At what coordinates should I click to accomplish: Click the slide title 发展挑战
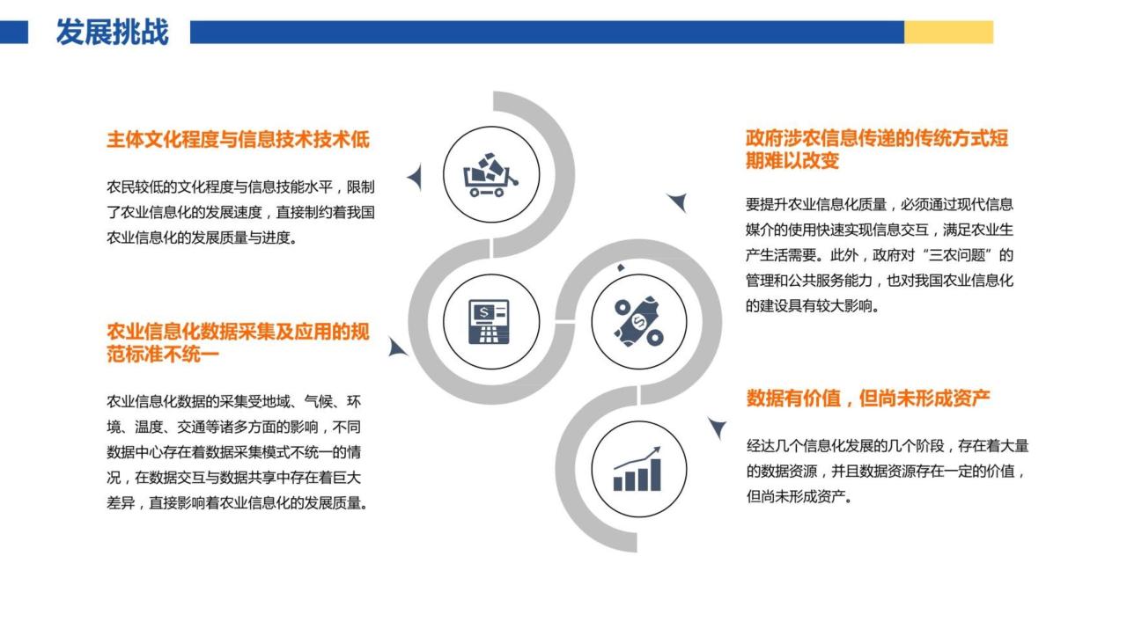(x=112, y=33)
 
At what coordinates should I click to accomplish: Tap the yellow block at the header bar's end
(x=948, y=33)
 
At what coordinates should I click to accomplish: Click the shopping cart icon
(x=490, y=175)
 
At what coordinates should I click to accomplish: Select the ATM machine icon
(x=489, y=322)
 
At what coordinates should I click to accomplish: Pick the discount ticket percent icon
(x=638, y=321)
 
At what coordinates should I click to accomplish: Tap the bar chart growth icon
(x=637, y=469)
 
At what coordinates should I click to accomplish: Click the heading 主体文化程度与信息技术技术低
(x=238, y=139)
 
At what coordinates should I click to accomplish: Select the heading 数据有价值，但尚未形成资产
(x=868, y=399)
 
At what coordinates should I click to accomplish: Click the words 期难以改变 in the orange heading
(x=792, y=161)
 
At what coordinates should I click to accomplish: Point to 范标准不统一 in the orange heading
(x=163, y=355)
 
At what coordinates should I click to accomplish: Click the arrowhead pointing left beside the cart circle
(x=415, y=177)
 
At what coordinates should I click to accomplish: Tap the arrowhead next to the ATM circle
(x=397, y=347)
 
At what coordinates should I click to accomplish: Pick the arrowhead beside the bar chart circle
(x=718, y=428)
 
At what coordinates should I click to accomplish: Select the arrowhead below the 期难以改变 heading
(x=678, y=202)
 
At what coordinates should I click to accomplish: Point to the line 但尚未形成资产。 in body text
(x=799, y=497)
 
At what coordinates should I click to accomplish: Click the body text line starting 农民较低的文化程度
(x=240, y=187)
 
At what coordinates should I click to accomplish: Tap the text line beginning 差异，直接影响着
(x=238, y=503)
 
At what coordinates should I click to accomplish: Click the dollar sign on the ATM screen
(x=484, y=312)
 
